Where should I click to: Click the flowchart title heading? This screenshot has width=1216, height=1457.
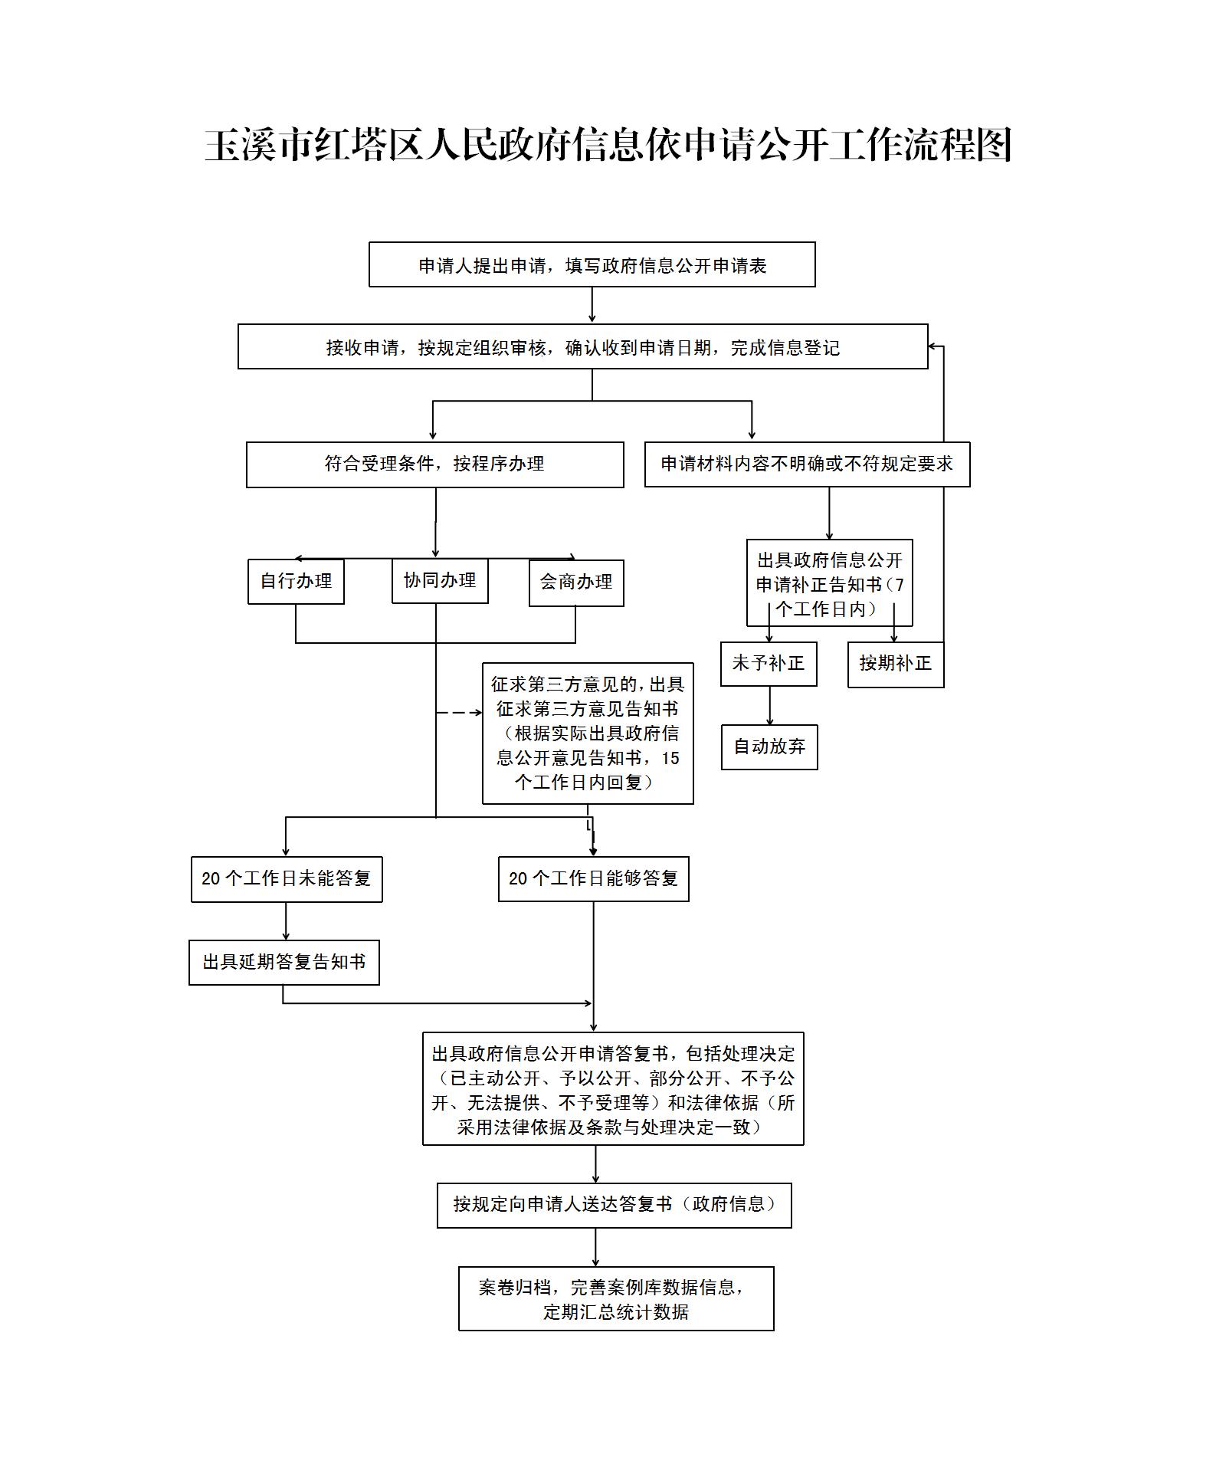(x=608, y=145)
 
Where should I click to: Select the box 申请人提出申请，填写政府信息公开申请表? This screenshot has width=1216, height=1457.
(x=592, y=265)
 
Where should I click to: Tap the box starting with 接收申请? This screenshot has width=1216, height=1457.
(x=582, y=347)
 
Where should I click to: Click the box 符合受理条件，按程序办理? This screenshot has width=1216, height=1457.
(x=434, y=464)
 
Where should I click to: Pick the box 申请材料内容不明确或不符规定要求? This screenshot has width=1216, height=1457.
(x=807, y=464)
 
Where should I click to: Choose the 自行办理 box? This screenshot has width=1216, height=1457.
(x=296, y=582)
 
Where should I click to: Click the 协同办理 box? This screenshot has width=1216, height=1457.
(x=440, y=581)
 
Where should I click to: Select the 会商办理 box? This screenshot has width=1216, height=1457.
(x=576, y=582)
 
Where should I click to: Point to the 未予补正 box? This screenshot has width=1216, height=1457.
(x=769, y=664)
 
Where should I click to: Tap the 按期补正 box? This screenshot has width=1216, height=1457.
(x=895, y=664)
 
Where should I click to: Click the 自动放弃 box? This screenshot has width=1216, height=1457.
(x=769, y=747)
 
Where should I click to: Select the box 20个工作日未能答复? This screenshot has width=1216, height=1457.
(x=287, y=879)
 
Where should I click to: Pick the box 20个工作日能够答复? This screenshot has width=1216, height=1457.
(x=593, y=879)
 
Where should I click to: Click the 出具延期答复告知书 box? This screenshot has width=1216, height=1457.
(x=284, y=963)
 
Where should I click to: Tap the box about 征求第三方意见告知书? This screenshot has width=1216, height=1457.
(x=588, y=733)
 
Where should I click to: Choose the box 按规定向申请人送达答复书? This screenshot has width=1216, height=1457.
(x=614, y=1205)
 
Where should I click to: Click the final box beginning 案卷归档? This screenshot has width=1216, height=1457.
(x=616, y=1299)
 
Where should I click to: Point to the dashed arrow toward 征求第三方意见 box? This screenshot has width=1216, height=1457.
(x=459, y=713)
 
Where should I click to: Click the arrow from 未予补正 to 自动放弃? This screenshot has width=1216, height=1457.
(x=770, y=705)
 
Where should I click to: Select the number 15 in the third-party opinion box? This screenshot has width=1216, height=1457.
(x=670, y=759)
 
